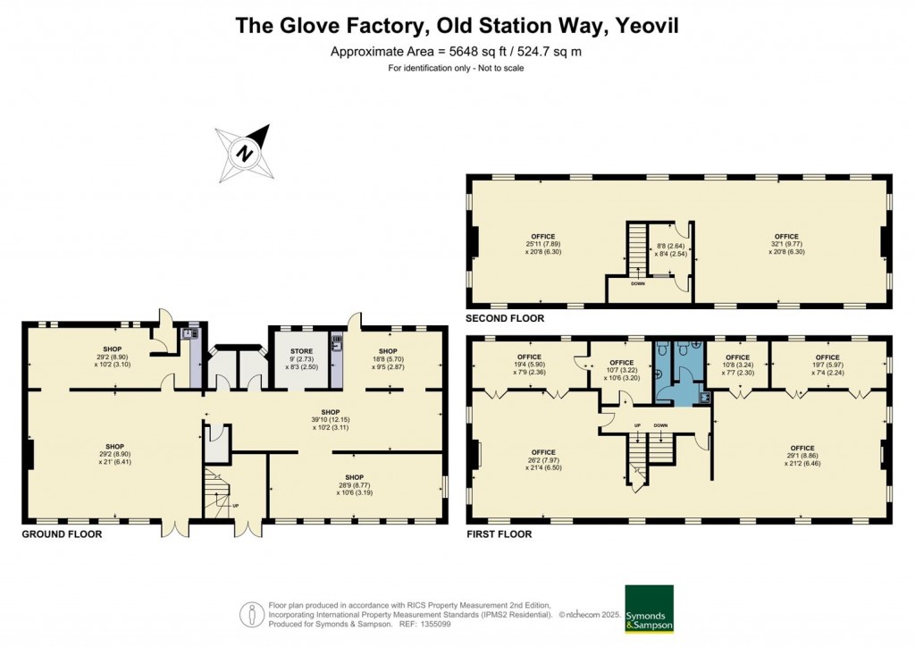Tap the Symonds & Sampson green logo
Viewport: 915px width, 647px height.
click(648, 609)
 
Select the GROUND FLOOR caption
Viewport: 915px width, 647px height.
click(62, 534)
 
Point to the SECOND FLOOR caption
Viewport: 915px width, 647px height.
click(504, 318)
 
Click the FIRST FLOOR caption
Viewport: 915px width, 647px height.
click(499, 534)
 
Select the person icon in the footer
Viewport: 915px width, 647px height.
click(253, 614)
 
